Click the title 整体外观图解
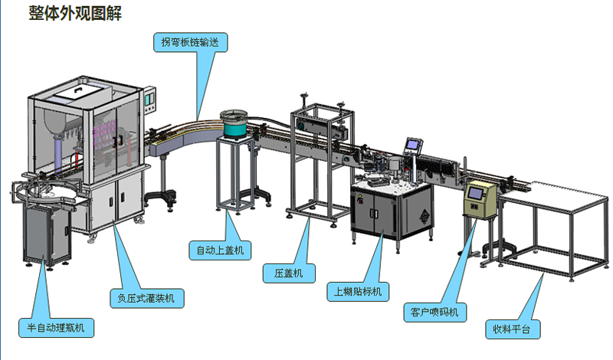74,13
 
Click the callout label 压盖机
288,272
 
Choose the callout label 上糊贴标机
358,292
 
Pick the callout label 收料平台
513,331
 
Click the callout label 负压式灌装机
146,298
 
